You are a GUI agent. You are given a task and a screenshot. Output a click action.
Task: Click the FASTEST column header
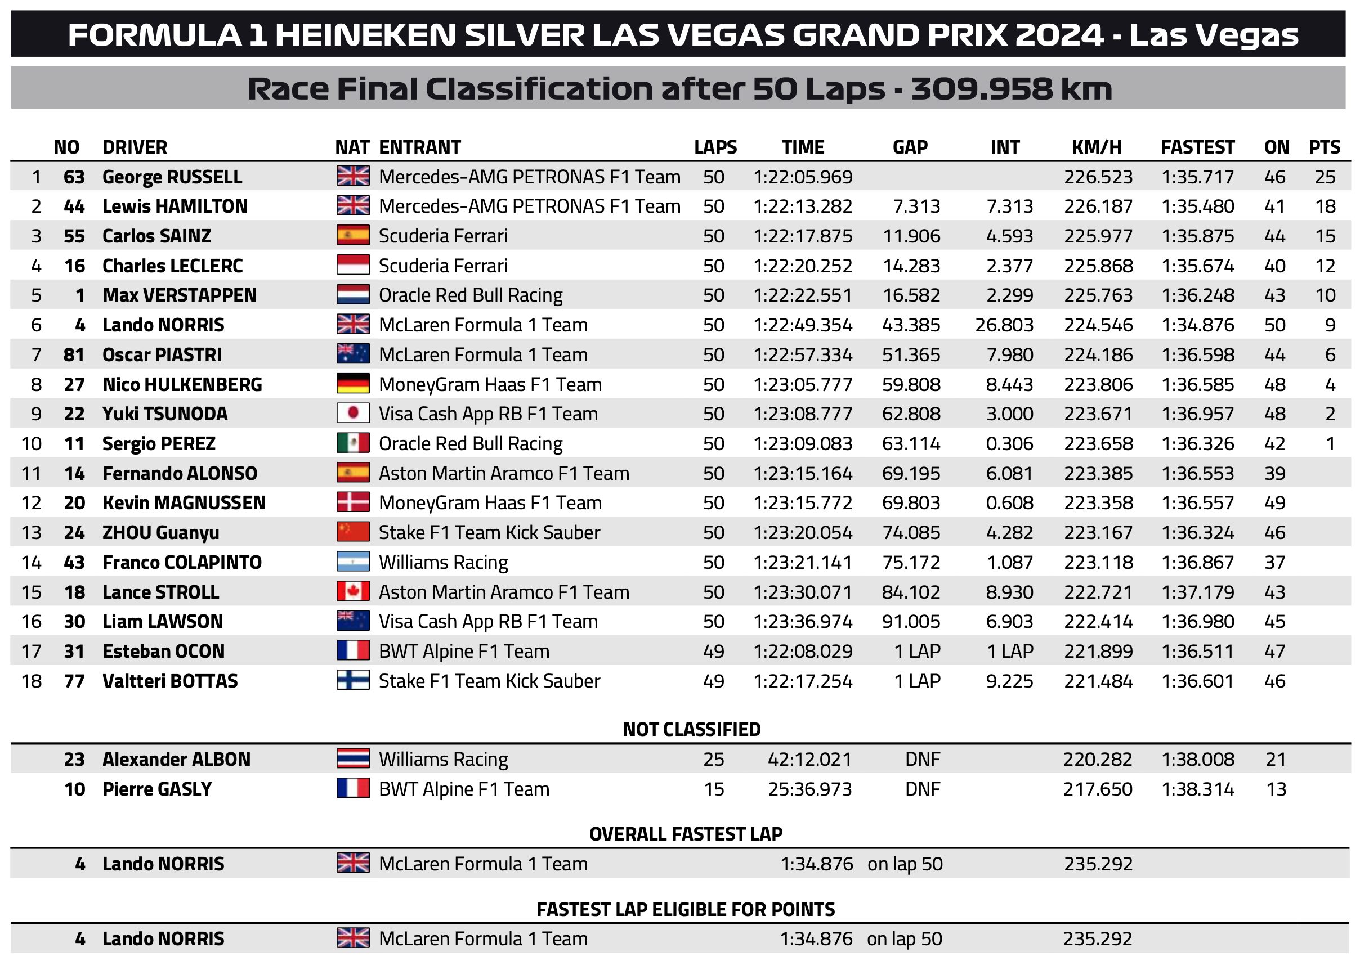(x=1197, y=147)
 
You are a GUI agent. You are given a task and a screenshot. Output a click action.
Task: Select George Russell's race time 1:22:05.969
(x=803, y=177)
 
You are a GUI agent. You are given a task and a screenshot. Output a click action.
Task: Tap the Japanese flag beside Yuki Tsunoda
(x=352, y=414)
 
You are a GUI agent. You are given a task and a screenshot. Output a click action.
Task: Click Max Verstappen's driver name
(x=179, y=295)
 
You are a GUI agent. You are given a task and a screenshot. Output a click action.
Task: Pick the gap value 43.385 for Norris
(x=911, y=325)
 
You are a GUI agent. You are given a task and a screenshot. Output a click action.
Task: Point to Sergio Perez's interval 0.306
(x=1009, y=444)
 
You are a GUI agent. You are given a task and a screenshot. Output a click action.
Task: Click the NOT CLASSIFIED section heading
(x=691, y=729)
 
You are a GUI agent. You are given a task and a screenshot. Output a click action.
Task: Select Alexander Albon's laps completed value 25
(x=713, y=759)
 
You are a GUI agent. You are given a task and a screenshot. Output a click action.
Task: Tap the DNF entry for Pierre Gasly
(x=922, y=789)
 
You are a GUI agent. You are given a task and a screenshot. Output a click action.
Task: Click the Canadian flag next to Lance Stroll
(x=352, y=591)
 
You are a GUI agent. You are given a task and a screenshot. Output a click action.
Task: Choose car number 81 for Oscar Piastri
(x=74, y=355)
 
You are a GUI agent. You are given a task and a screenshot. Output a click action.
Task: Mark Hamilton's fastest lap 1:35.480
(x=1197, y=206)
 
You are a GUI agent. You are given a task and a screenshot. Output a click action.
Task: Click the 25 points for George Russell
(x=1324, y=177)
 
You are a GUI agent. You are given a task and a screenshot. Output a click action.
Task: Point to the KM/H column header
(x=1096, y=147)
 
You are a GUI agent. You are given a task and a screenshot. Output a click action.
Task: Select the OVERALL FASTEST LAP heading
(x=686, y=834)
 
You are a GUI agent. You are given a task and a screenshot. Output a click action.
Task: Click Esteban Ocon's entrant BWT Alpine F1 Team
(x=464, y=651)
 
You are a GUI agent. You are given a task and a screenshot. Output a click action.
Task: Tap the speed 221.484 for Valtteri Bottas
(x=1098, y=681)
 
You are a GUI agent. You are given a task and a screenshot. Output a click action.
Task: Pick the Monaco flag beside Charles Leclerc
(x=352, y=265)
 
